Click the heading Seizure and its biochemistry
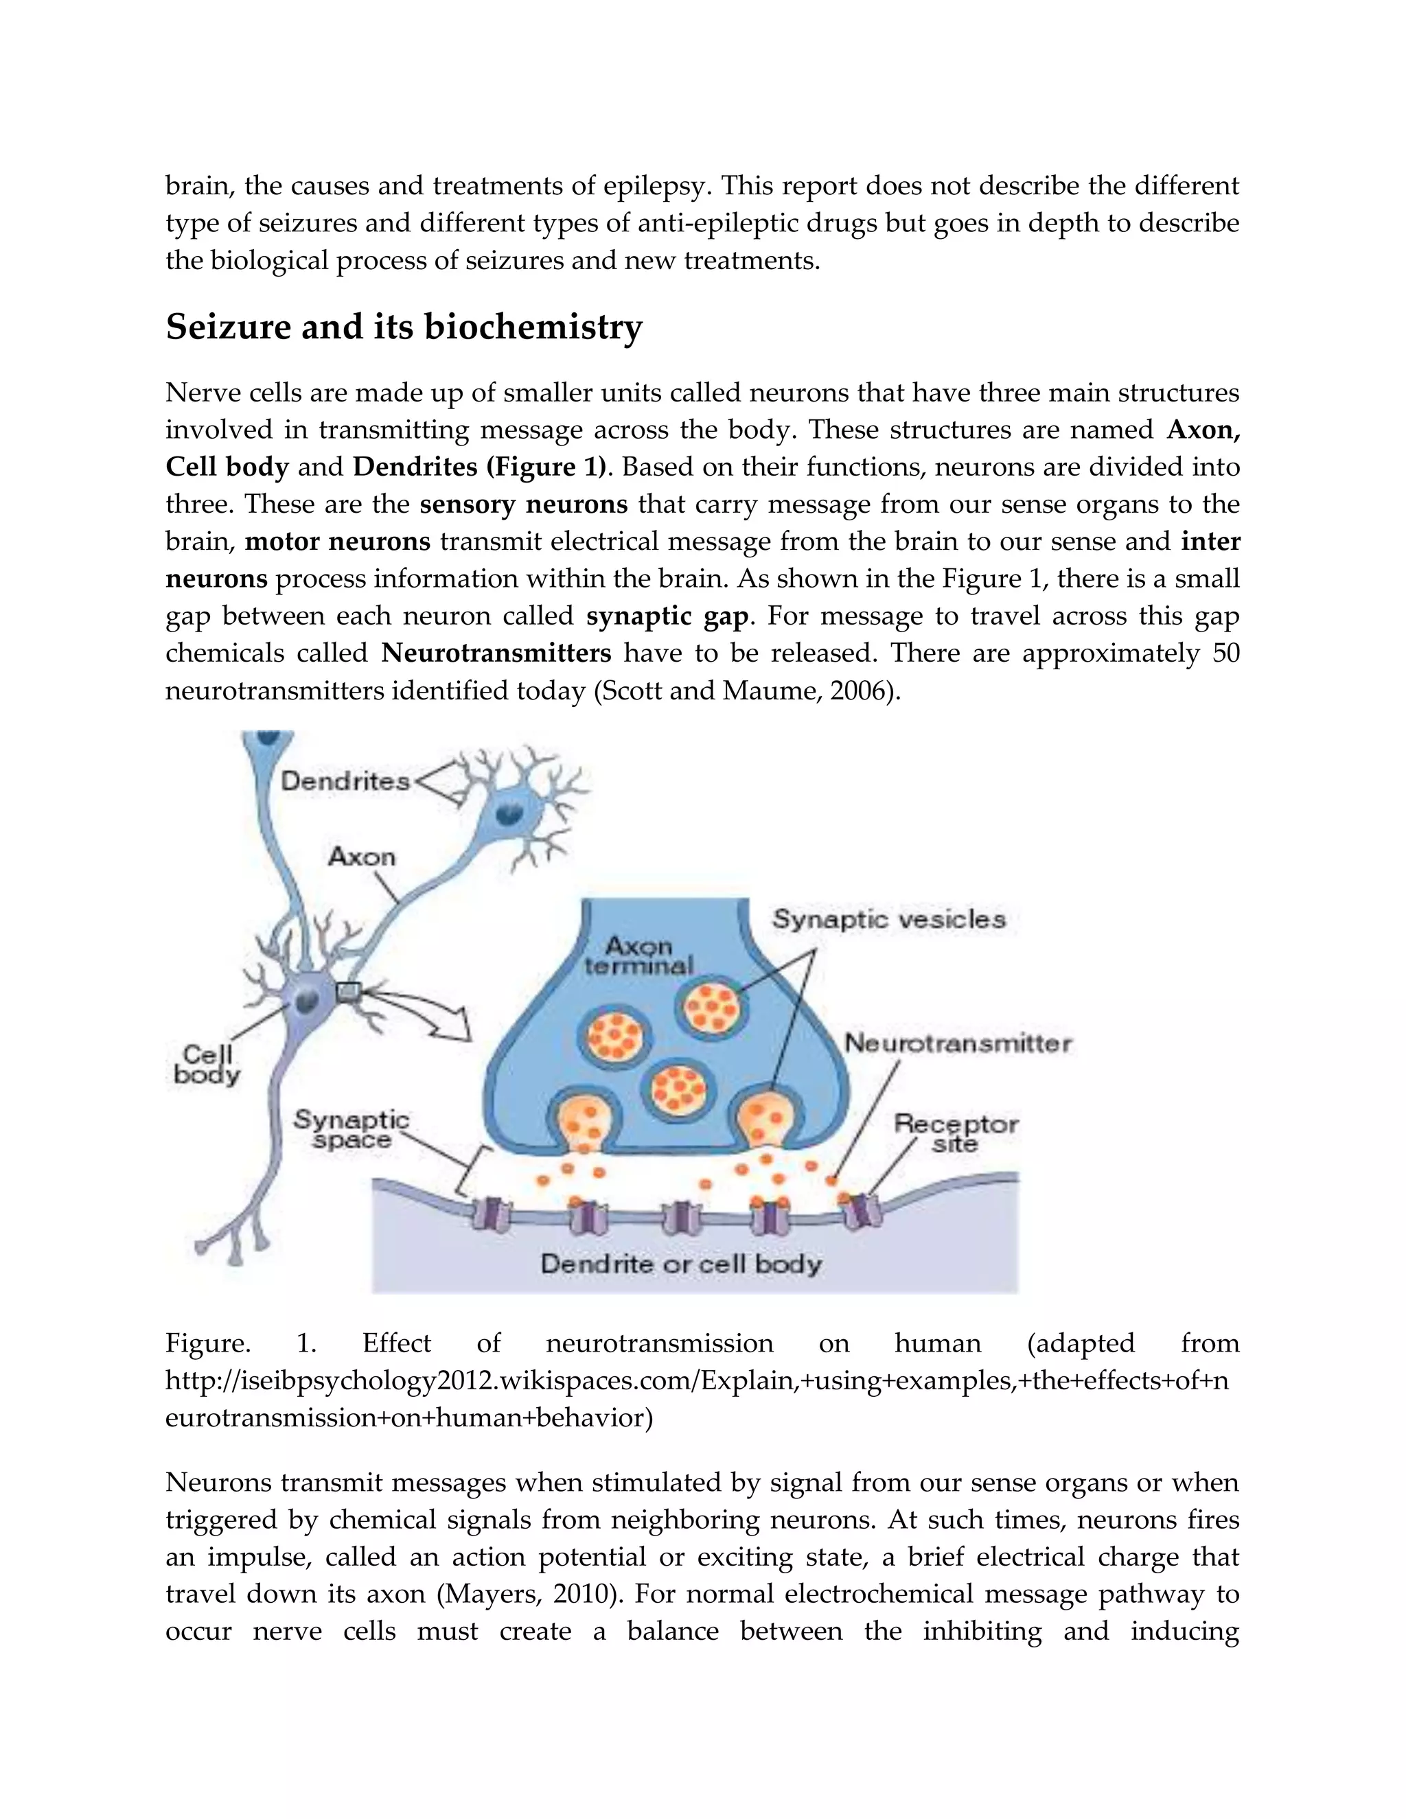tap(404, 327)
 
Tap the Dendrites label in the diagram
tap(345, 781)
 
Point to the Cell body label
tap(207, 1065)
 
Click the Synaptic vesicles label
tap(889, 920)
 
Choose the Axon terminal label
tap(639, 956)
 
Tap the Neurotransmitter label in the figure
tap(958, 1043)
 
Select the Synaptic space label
tap(351, 1129)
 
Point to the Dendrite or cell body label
tap(680, 1264)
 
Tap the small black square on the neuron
tap(348, 991)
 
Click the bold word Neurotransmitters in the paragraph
tap(496, 653)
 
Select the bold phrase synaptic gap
tap(667, 616)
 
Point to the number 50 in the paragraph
tap(1225, 653)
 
